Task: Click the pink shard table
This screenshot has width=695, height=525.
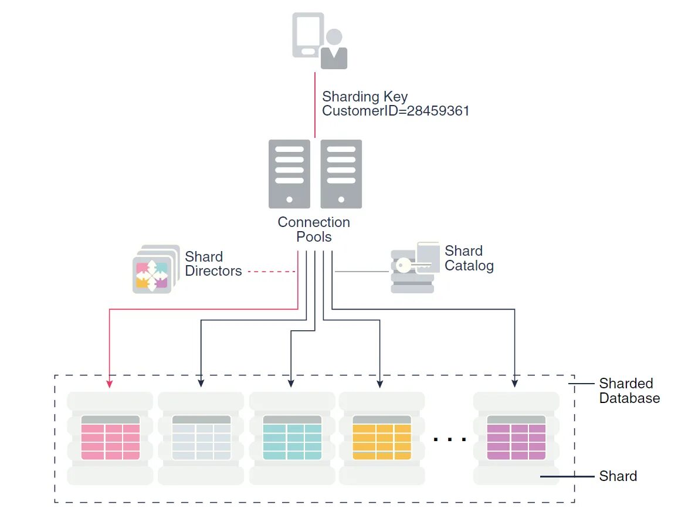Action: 110,438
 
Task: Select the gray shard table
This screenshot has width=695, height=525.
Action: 201,438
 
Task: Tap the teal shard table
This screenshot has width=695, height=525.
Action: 292,438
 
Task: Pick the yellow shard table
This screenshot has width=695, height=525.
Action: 382,438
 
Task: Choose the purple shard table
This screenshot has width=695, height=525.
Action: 516,438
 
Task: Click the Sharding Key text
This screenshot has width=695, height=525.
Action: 365,96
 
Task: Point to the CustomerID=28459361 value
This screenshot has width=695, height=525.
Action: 396,111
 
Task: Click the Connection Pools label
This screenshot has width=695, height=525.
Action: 314,229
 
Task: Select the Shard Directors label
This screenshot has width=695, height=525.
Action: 213,264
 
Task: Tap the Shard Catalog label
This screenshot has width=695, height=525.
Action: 469,258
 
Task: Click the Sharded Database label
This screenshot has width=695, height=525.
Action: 629,391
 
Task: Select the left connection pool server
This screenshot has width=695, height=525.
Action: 289,174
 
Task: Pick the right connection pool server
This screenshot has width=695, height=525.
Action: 341,174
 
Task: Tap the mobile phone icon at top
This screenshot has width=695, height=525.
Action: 308,35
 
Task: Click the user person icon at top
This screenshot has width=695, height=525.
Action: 334,50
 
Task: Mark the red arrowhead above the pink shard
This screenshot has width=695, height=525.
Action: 110,383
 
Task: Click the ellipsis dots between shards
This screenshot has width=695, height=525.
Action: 449,438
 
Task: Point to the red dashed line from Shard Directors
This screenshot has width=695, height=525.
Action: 271,272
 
